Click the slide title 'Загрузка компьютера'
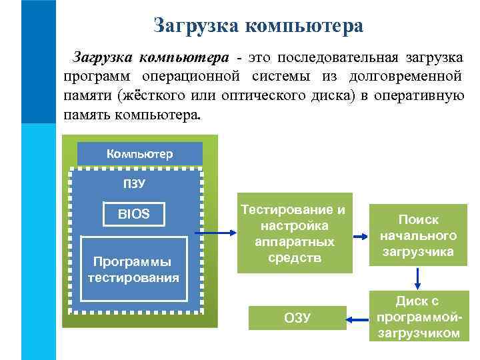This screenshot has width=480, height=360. coord(258,25)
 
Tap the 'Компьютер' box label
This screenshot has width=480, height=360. coord(140,154)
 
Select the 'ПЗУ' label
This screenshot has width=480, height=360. coord(134,183)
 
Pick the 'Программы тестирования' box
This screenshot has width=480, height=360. coord(134,268)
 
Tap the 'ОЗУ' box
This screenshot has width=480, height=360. coord(297,317)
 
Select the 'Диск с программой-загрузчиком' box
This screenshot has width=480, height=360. coord(417,317)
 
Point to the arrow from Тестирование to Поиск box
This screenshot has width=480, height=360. coord(360,236)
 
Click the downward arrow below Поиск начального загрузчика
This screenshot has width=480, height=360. coord(417,278)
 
